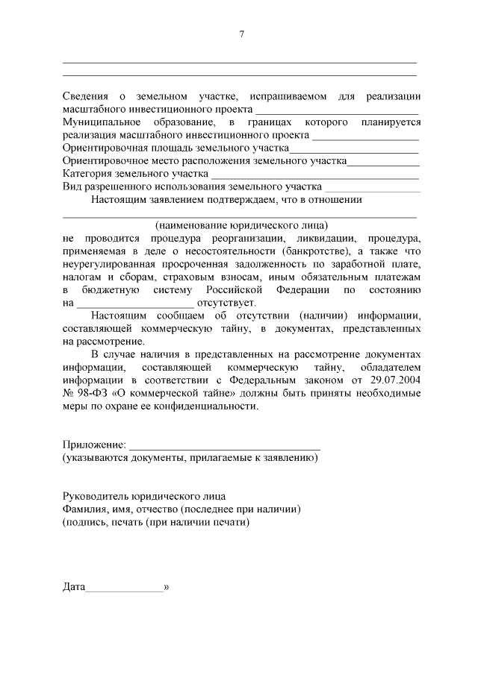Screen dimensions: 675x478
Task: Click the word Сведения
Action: click(x=84, y=97)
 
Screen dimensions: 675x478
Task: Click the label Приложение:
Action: click(x=94, y=445)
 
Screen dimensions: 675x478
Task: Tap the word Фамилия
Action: click(x=84, y=509)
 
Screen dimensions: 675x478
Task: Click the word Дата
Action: click(x=75, y=587)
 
